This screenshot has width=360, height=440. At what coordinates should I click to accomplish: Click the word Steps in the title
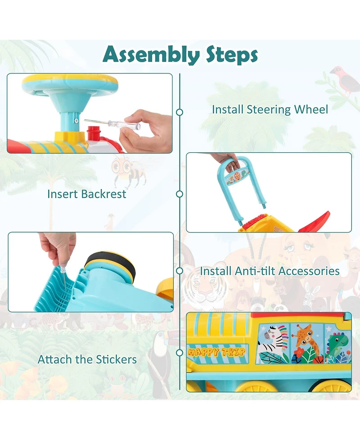click(232, 54)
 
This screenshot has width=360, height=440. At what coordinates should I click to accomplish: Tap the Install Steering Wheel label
click(270, 109)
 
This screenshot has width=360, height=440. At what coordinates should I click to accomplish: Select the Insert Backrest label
click(87, 194)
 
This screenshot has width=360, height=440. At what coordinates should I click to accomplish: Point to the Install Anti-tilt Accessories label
click(270, 271)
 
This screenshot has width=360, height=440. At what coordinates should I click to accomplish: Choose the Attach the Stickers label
click(87, 359)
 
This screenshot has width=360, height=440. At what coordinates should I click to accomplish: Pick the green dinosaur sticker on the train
click(337, 344)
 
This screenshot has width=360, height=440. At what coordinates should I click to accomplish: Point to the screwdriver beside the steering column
click(112, 124)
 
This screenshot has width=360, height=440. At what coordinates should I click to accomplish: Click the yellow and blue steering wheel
click(70, 84)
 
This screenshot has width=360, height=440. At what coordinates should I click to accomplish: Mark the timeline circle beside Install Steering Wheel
click(180, 112)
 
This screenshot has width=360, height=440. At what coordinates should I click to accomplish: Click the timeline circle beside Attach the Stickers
click(180, 353)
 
